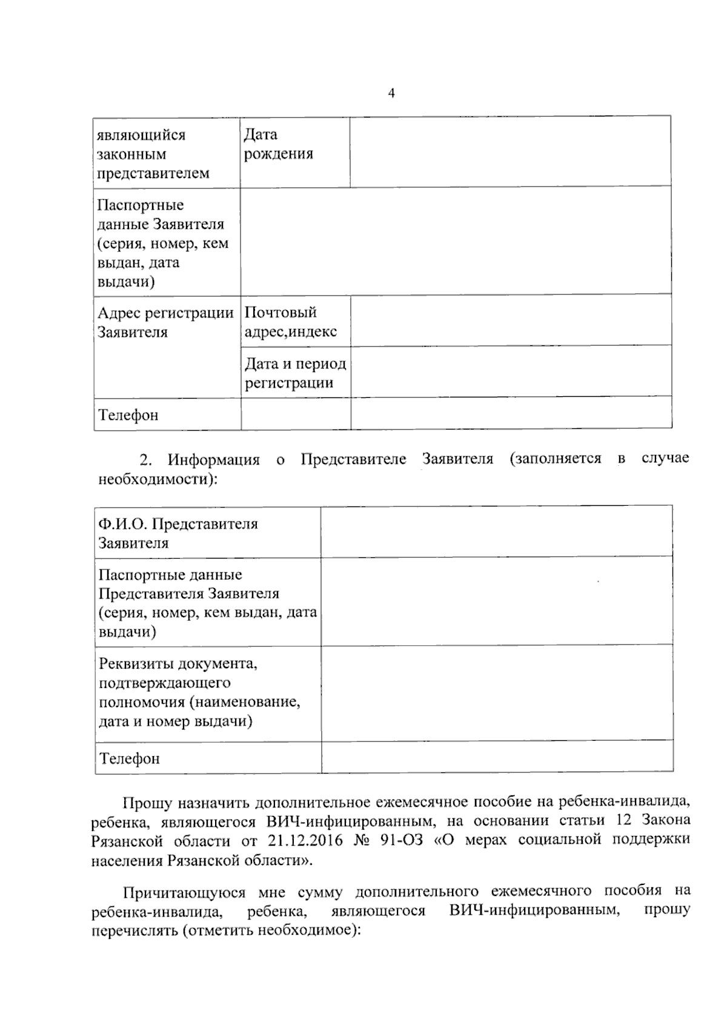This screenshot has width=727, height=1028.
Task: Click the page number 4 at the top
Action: pos(391,93)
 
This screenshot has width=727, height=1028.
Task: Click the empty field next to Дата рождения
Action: pos(510,151)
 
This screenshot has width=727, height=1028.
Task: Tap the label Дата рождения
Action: pos(279,144)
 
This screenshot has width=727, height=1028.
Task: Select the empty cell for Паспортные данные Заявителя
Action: pos(456,241)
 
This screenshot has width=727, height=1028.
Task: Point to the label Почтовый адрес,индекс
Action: pos(290,322)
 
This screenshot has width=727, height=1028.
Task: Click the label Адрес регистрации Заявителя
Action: pos(165,322)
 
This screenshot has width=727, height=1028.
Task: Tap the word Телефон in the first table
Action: pos(128,416)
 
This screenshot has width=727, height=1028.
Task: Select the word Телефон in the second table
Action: pos(130,758)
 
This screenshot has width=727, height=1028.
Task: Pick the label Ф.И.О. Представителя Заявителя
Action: pos(178,533)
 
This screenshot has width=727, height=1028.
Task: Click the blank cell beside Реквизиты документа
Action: pos(496,692)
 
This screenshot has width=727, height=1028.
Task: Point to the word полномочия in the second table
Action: pos(141,702)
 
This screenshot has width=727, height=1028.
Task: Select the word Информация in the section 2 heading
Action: pos(213,460)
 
